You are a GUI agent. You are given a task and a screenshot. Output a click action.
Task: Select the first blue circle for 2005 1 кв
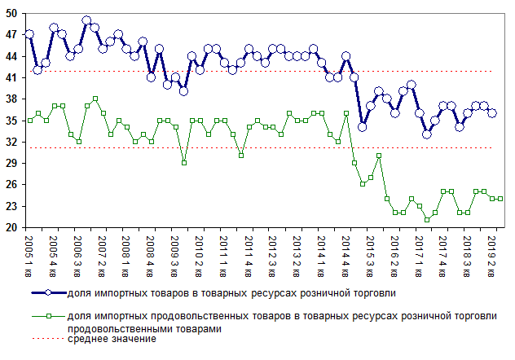pos(29,34)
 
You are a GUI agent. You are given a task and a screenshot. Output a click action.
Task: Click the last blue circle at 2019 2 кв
pos(492,113)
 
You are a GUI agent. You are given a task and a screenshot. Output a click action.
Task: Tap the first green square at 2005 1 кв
pos(29,121)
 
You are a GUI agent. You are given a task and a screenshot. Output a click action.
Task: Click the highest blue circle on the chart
pos(86,21)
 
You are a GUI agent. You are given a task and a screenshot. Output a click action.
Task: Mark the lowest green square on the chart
pos(427,220)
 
